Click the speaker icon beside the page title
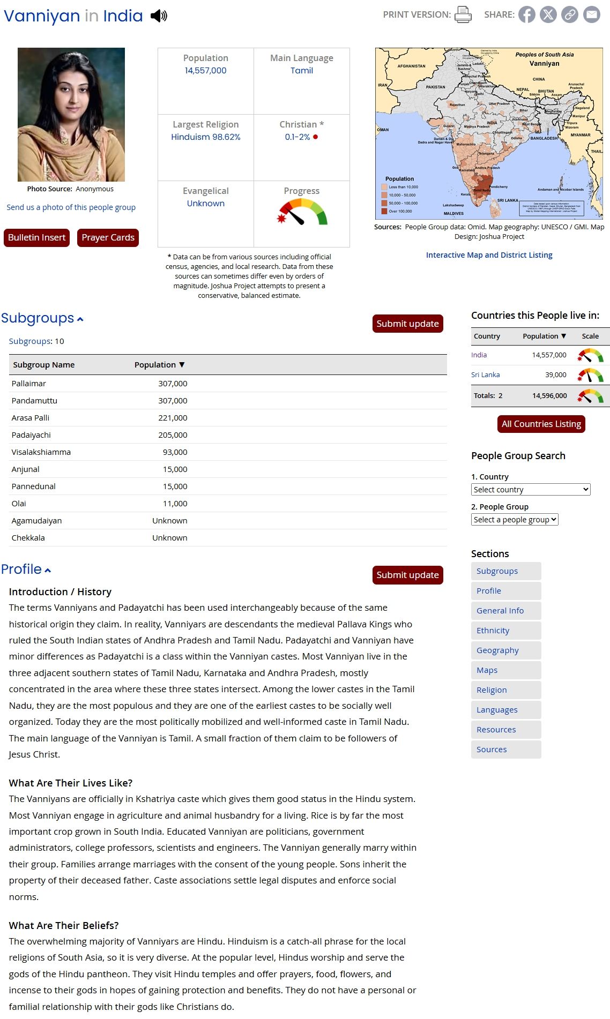[x=159, y=16]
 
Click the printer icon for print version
[x=463, y=14]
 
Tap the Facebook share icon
[x=526, y=14]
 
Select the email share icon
[x=591, y=14]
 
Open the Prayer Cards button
[x=108, y=237]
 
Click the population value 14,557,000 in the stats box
[x=205, y=70]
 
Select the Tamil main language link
[x=302, y=70]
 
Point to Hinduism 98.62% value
[x=205, y=137]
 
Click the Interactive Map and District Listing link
[x=489, y=255]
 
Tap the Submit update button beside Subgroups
[x=407, y=324]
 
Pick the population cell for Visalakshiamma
[x=175, y=452]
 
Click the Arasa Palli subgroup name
[x=31, y=418]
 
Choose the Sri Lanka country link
[x=485, y=374]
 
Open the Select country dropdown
[x=531, y=489]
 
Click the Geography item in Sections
[x=497, y=650]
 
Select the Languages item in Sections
[x=497, y=710]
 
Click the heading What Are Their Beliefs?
[x=64, y=925]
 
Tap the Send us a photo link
[x=71, y=207]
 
